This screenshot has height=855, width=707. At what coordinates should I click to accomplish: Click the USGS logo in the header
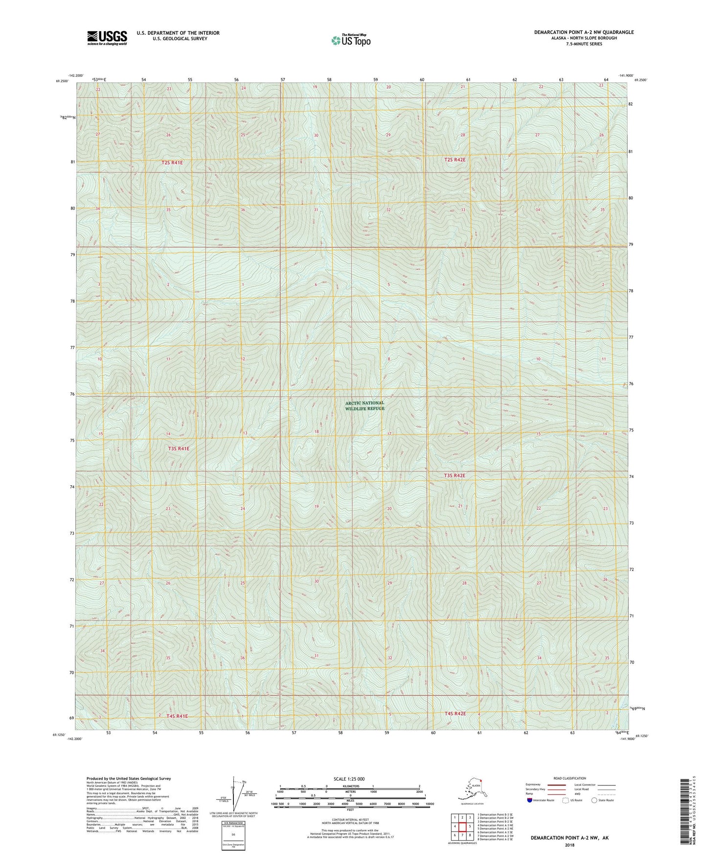pyautogui.click(x=107, y=38)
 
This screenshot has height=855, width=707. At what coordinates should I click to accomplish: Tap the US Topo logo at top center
pyautogui.click(x=351, y=40)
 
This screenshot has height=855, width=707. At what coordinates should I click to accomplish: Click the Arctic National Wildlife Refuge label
pyautogui.click(x=365, y=405)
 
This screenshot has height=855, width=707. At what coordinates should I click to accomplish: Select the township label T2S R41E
pyautogui.click(x=172, y=163)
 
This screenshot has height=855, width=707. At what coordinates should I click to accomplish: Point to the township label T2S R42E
pyautogui.click(x=455, y=160)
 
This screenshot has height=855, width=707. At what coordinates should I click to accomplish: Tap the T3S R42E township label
pyautogui.click(x=455, y=475)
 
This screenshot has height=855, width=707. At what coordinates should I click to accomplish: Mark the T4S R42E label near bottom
pyautogui.click(x=455, y=713)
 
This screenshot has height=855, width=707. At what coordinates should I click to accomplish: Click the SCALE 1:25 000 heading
pyautogui.click(x=349, y=779)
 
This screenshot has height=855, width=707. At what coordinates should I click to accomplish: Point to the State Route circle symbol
pyautogui.click(x=594, y=800)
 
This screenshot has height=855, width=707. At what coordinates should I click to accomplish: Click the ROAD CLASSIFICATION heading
pyautogui.click(x=570, y=778)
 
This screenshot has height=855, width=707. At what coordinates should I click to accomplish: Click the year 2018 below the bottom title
pyautogui.click(x=569, y=845)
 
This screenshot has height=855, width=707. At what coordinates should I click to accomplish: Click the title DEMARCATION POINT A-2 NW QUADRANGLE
pyautogui.click(x=583, y=32)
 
